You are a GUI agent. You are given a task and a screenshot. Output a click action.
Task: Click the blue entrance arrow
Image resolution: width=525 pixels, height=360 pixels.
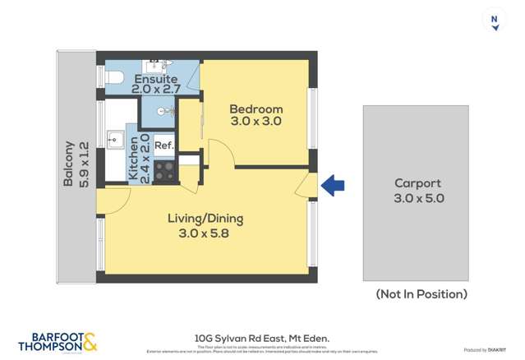point(332,186)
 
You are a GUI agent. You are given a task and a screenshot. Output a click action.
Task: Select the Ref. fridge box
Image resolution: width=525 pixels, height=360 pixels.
point(164,145)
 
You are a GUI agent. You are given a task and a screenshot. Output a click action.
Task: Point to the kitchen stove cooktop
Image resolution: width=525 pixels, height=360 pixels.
point(164,171)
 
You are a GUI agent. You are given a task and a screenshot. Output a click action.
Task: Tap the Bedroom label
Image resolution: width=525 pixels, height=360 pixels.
point(256,109)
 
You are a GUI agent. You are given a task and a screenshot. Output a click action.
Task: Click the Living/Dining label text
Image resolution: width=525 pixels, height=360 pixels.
point(205,219)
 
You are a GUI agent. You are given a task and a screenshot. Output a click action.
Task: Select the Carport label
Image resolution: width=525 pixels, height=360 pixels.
point(417,183)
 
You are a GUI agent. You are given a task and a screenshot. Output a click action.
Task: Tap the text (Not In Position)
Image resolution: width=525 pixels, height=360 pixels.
point(421,293)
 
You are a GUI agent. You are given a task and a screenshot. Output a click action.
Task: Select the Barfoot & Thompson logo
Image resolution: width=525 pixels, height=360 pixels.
point(58,341)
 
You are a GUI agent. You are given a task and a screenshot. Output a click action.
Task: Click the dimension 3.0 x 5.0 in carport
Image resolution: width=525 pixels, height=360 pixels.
point(417,198)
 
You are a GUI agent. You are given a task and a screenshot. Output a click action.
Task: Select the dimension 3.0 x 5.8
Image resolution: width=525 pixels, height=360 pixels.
point(205,233)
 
